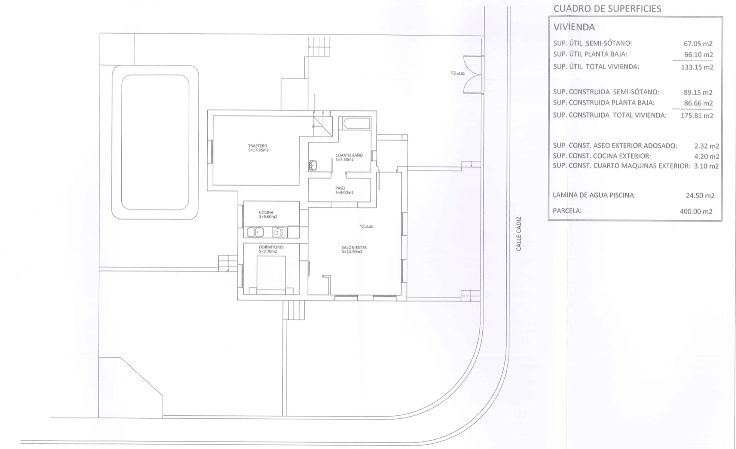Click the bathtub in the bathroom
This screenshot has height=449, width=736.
point(354,123)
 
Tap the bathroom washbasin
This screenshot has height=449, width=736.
point(313,165)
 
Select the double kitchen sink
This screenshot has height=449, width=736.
point(256,232)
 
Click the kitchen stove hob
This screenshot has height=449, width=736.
point(278,232)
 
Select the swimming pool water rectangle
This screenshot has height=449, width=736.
point(155,143)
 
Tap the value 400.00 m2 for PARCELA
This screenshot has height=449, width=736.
point(696,211)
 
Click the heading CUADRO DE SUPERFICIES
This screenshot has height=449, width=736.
point(607,9)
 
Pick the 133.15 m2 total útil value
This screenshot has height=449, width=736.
point(697,68)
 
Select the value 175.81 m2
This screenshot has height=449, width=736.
point(697,116)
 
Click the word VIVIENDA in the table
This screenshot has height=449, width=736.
point(574,27)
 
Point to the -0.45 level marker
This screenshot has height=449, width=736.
point(366,226)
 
